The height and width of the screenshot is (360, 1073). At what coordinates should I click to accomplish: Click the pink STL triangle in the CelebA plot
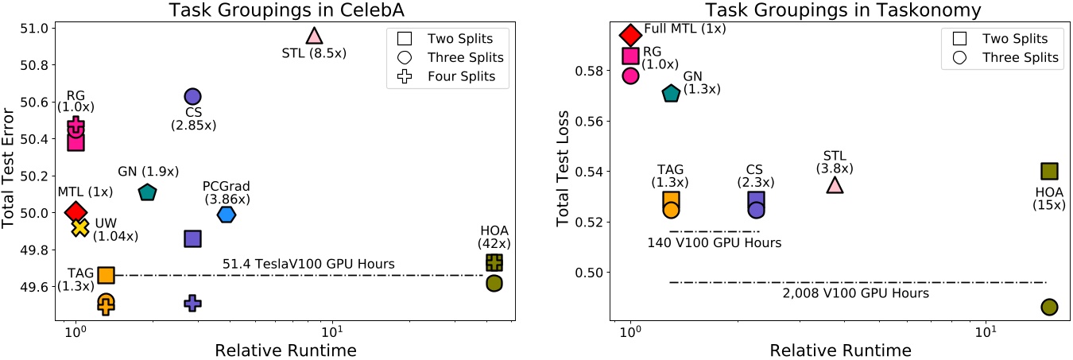(314, 36)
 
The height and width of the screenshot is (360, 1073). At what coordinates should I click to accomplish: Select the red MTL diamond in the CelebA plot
(76, 212)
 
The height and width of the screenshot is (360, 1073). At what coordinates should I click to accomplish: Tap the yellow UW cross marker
(79, 227)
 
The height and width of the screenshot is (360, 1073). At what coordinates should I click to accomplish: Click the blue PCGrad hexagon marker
(227, 215)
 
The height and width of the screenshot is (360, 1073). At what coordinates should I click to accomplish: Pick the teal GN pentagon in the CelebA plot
(147, 192)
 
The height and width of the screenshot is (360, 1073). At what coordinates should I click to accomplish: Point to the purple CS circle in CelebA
(192, 96)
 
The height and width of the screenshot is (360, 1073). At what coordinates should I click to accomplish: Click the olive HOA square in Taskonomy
(1049, 171)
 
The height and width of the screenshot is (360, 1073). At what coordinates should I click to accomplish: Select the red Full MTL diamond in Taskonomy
(630, 34)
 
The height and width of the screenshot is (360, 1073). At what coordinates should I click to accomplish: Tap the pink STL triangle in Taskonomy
(835, 185)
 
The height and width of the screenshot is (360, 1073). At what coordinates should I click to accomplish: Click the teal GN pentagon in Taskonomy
(671, 94)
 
